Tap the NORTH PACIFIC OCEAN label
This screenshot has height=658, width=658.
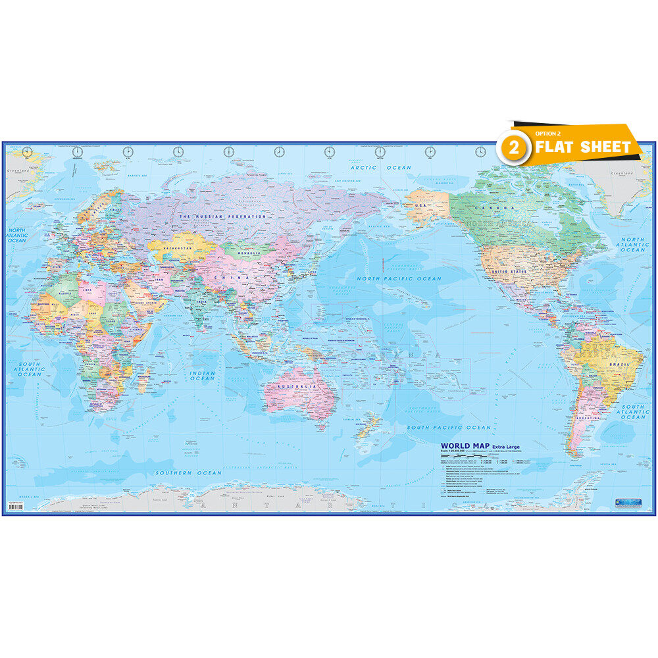[x=399, y=279]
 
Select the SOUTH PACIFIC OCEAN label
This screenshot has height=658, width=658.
[x=449, y=428]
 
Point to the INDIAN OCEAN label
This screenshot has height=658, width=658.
[x=202, y=376]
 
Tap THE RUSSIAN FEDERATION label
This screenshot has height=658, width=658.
[x=223, y=216]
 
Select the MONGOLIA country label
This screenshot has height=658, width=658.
[x=247, y=251]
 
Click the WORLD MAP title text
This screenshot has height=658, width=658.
[x=464, y=446]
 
